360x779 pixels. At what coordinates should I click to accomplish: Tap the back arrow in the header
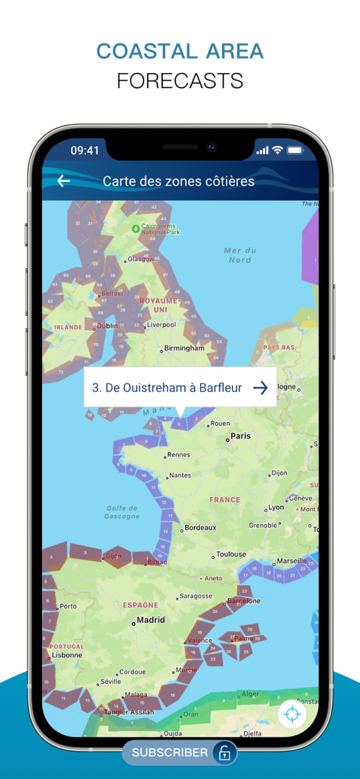tap(64, 181)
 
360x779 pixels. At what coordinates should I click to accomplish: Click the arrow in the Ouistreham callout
tap(260, 388)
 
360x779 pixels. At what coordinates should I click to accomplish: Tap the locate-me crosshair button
tap(292, 714)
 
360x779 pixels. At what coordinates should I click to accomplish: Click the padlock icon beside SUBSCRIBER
tap(225, 753)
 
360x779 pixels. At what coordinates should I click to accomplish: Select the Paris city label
tap(241, 437)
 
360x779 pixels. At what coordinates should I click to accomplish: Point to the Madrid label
tap(150, 620)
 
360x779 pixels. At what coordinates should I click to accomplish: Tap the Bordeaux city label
tap(200, 528)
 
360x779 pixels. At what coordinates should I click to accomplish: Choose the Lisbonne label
tap(67, 654)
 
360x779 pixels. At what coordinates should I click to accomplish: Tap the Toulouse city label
tap(231, 555)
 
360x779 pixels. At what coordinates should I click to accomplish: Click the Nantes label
tap(180, 475)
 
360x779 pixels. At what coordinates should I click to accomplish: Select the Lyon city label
tap(276, 507)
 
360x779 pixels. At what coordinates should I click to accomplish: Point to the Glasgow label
tap(141, 259)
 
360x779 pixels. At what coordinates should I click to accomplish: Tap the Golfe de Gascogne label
tap(122, 512)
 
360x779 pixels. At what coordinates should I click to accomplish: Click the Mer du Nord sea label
tap(240, 255)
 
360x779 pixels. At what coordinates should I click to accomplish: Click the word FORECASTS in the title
tap(180, 81)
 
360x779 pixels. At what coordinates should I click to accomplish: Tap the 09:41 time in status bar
tap(84, 151)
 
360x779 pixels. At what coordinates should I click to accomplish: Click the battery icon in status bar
tap(295, 151)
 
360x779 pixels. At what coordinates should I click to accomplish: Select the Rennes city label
tap(178, 455)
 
